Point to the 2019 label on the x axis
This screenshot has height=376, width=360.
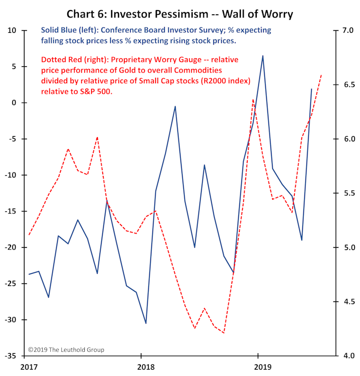point(259,366)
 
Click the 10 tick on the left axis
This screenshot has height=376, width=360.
point(12,31)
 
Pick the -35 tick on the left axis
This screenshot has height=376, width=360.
point(11,356)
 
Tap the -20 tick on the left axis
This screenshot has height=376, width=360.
point(11,247)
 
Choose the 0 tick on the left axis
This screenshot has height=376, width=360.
point(14,103)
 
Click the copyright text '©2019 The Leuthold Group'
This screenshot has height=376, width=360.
point(66,350)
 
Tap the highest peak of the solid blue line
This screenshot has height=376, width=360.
point(263,56)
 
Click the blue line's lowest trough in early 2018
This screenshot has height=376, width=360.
point(146,323)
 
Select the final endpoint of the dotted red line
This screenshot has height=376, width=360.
point(321,75)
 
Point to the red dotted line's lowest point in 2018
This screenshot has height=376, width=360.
point(224,333)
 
